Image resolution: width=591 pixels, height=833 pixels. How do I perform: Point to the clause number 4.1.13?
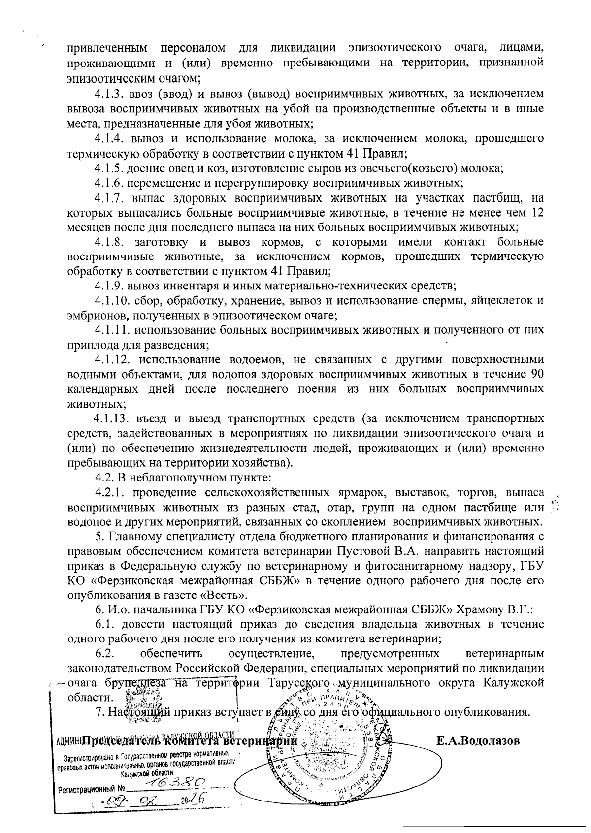coord(111,419)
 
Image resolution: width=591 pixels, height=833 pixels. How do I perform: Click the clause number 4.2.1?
coord(110,493)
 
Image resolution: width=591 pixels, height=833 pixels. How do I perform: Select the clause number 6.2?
coord(105,654)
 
